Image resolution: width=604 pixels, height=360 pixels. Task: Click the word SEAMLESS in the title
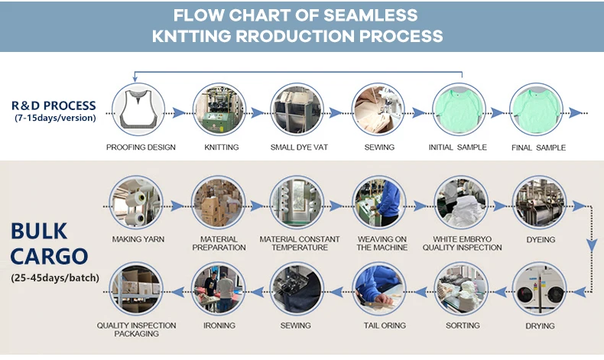[371, 15]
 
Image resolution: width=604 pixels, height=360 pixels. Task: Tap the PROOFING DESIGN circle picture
[138, 109]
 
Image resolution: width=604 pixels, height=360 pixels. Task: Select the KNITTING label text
[222, 147]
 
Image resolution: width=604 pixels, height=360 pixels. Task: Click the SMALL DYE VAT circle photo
[297, 109]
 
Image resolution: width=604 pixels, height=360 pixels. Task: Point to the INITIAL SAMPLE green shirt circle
[459, 109]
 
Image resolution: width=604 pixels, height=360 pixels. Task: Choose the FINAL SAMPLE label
[538, 148]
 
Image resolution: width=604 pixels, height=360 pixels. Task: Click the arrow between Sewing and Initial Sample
[418, 113]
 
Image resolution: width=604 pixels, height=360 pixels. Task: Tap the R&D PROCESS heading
[54, 105]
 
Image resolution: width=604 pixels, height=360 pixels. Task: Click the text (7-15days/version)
[55, 118]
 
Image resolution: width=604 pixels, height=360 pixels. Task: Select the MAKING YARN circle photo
[136, 203]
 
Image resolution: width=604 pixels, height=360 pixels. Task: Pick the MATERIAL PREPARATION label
[219, 243]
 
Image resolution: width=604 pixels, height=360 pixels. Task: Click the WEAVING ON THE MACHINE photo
[379, 203]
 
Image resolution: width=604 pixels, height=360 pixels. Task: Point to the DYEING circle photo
[539, 203]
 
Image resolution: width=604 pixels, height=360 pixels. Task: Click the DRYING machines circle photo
[539, 289]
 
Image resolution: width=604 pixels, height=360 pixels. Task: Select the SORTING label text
[463, 326]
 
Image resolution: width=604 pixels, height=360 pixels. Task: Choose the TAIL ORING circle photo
[379, 289]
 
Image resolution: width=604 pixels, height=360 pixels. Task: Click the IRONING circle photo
[219, 289]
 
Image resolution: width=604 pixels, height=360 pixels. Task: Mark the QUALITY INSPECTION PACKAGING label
[136, 329]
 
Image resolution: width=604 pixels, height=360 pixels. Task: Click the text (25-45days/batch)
[55, 277]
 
